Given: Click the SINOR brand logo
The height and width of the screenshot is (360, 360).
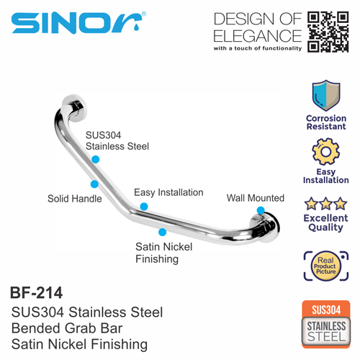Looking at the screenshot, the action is click(x=78, y=22).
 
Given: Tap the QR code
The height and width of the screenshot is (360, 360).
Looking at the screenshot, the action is click(x=328, y=32).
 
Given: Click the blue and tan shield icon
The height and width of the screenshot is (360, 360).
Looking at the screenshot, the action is click(x=326, y=96).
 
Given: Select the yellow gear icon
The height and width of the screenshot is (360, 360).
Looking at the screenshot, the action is click(x=325, y=151).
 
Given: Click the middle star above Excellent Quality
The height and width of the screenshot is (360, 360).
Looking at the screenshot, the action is click(x=325, y=204).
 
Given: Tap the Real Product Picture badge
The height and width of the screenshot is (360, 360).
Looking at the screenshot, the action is click(x=326, y=266).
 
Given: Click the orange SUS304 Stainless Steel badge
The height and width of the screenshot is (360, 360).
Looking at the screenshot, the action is click(x=326, y=324).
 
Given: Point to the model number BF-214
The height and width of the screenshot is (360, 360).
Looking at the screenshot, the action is click(x=36, y=292).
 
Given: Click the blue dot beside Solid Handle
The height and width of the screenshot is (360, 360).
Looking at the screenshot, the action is click(x=94, y=184).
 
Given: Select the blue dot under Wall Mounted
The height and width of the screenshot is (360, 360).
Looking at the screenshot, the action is click(x=261, y=210).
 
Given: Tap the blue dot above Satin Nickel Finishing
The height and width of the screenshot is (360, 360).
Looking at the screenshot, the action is click(x=163, y=232).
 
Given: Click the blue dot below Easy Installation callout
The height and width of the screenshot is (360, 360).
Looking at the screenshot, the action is click(x=144, y=207).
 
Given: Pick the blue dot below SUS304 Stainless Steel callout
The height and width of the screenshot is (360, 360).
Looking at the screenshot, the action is click(x=96, y=159).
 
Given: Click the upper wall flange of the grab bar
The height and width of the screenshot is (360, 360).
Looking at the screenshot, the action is click(x=75, y=107).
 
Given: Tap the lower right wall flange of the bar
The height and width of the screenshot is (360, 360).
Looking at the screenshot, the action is click(x=266, y=228).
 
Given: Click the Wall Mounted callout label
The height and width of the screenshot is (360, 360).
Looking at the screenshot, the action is click(x=256, y=198).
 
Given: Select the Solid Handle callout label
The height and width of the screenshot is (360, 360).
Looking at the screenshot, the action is click(x=75, y=199).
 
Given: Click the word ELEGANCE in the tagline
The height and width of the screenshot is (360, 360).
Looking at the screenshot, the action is click(x=257, y=36).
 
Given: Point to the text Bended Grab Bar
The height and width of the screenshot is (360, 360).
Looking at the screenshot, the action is click(x=67, y=328).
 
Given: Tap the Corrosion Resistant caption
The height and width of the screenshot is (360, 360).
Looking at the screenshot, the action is click(x=326, y=122).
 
